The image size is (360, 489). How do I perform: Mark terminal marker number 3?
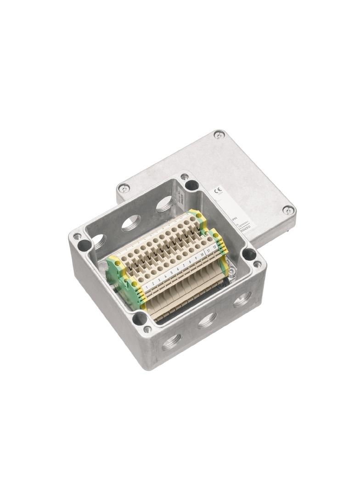coord(159,280)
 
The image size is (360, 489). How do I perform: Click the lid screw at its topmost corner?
coord(219,134)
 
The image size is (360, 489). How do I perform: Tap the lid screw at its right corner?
coord(288,210)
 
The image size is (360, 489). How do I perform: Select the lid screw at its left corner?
coord(124,188)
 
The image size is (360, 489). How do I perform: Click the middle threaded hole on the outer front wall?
coord(207,320)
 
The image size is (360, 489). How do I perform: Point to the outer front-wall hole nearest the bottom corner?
coord(171,341)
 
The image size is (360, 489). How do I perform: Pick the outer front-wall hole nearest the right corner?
coord(242,300)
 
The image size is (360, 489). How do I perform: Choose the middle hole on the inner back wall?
coord(131,222)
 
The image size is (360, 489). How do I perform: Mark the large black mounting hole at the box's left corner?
coord(84,244)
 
